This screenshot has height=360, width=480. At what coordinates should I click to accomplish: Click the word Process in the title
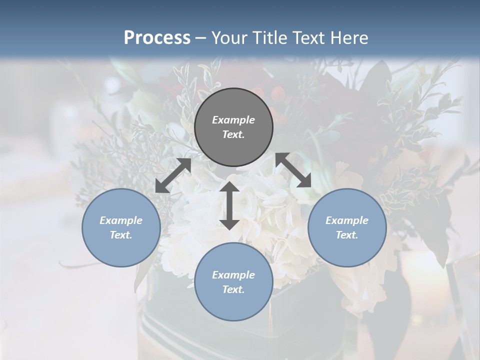pyautogui.click(x=157, y=37)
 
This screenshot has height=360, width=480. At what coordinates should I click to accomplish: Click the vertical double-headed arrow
pyautogui.click(x=229, y=205)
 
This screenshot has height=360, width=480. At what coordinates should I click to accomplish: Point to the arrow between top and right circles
pyautogui.click(x=293, y=170)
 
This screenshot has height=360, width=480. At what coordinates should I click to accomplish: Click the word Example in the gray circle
pyautogui.click(x=233, y=120)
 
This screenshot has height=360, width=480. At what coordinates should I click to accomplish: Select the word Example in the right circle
pyautogui.click(x=347, y=220)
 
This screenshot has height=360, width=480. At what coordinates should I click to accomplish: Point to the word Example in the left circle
pyautogui.click(x=121, y=220)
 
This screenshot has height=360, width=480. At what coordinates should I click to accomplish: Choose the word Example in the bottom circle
pyautogui.click(x=233, y=275)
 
